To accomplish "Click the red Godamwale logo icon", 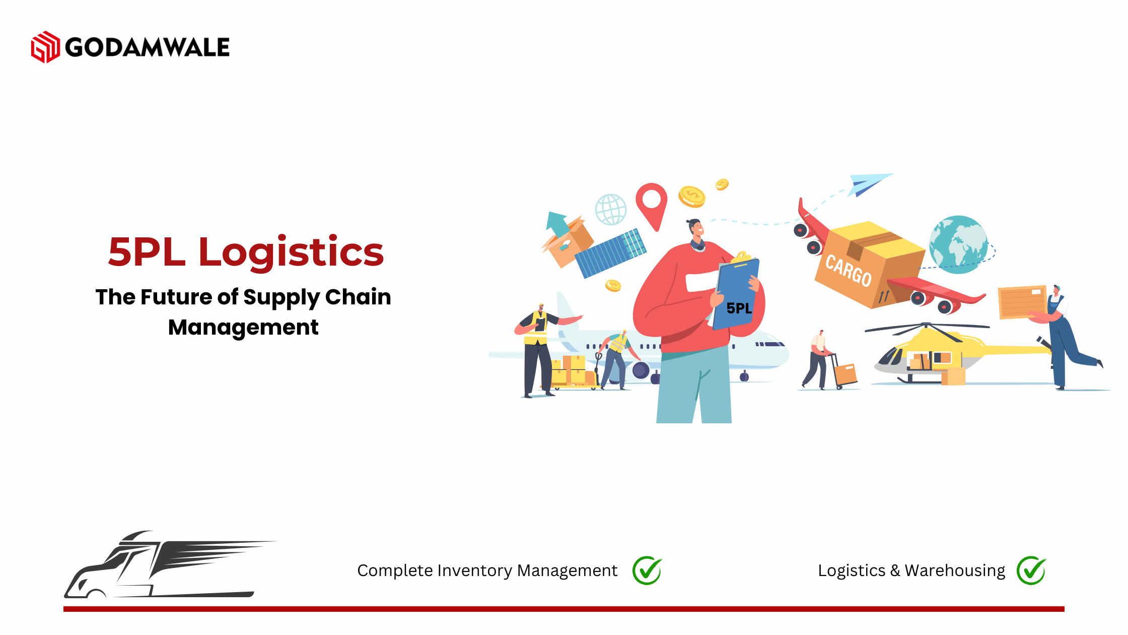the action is [x=45, y=47].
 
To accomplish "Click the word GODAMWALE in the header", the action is [x=148, y=47].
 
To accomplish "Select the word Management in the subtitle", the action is [x=243, y=328].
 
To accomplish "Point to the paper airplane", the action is [x=870, y=184].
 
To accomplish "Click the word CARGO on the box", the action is [x=849, y=271].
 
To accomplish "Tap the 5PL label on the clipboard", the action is [x=739, y=308].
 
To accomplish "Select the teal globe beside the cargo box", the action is [x=958, y=245].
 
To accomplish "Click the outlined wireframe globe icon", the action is [x=611, y=209].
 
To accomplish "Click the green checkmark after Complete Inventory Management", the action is [x=647, y=570].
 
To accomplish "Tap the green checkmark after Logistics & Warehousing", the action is [x=1031, y=570].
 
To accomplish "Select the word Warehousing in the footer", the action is [x=955, y=570].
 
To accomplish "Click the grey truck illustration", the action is [x=166, y=564].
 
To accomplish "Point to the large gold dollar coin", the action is [x=692, y=197].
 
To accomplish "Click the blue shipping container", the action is [x=610, y=253].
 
